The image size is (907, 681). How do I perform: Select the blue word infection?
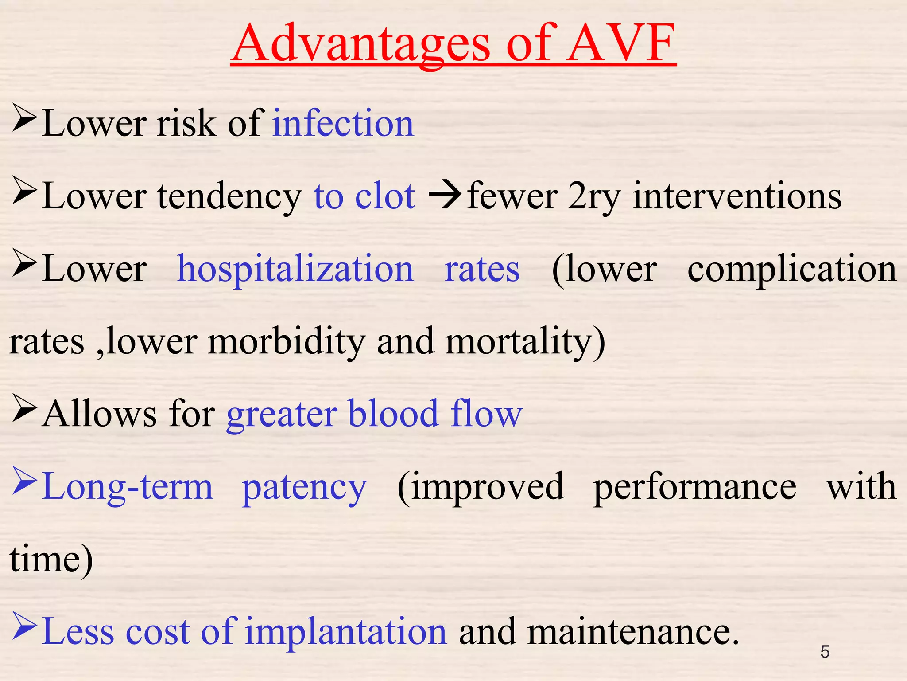click(x=343, y=123)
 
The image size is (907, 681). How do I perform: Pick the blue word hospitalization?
click(x=295, y=270)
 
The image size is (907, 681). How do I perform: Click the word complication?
click(x=792, y=270)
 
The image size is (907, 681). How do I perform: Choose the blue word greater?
click(x=282, y=414)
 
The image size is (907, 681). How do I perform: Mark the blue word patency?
click(x=305, y=487)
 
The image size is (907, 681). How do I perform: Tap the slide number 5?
click(x=825, y=652)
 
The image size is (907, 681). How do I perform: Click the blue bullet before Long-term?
click(x=24, y=481)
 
